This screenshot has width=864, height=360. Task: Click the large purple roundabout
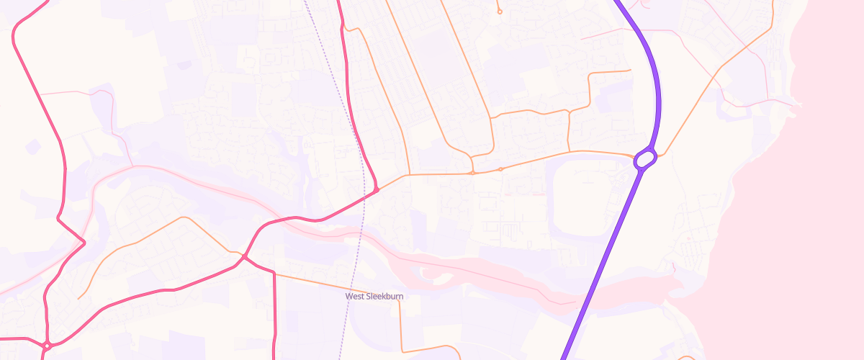coord(645,158)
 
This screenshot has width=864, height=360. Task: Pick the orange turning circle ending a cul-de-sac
coord(499,12)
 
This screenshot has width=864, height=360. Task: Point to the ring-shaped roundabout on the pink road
coord(46,346)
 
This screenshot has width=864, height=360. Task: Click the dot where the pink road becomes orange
coord(376,190)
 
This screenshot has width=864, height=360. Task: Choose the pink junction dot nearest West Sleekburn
coord(245,257)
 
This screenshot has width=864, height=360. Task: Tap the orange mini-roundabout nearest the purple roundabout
coord(500,169)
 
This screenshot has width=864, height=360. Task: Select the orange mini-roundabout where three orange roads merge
coord(472,173)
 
